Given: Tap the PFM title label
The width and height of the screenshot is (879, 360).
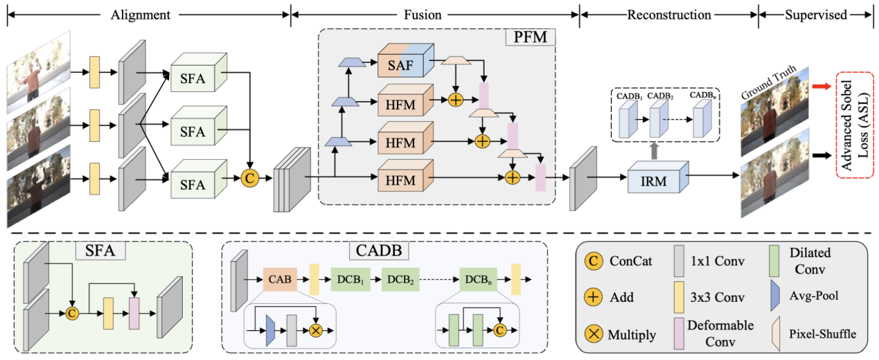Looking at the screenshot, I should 529,37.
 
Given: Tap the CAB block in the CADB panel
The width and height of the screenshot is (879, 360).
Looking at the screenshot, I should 280,279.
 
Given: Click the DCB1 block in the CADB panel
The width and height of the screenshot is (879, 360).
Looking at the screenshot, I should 350,279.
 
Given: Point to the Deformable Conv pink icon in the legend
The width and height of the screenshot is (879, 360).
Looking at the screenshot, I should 679,332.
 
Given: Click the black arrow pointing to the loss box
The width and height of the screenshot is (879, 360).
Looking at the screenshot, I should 819,156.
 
